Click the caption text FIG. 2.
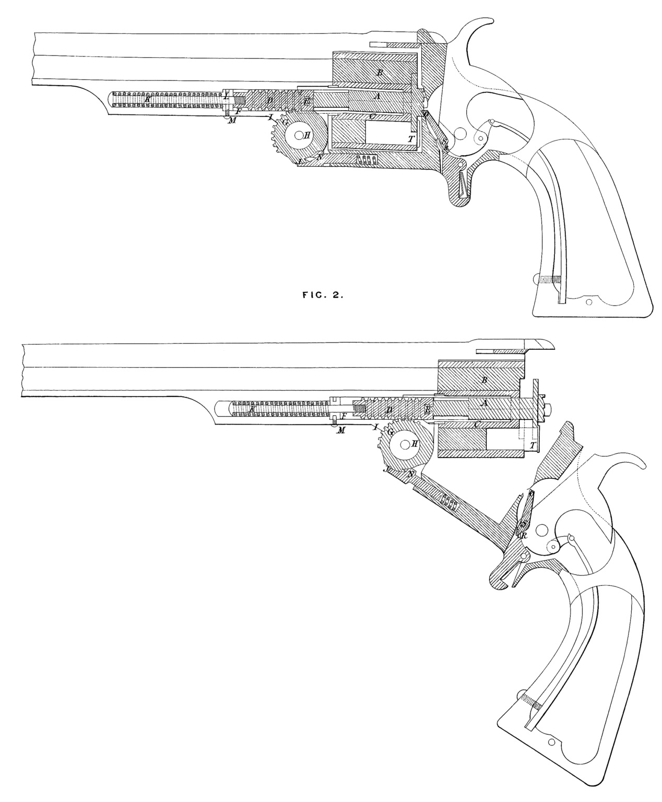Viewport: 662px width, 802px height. coord(322,294)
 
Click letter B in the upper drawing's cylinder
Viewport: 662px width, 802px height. coord(380,73)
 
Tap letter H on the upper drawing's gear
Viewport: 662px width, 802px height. coord(307,135)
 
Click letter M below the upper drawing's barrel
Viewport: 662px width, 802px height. coord(232,121)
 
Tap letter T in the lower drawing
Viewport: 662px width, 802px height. coord(532,445)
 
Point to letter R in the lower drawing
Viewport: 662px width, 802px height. coord(524,535)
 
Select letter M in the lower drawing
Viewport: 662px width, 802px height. coord(342,430)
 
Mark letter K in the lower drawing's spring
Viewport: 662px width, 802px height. coord(252,410)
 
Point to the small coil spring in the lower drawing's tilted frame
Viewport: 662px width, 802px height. coord(448,502)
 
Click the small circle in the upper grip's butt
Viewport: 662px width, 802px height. coord(589,302)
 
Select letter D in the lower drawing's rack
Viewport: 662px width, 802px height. coord(388,410)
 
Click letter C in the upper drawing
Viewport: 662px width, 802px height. coord(371,116)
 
